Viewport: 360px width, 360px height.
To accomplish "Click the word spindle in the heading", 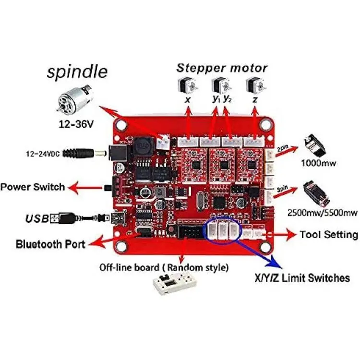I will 77,72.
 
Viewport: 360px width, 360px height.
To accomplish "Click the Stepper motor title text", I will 222,68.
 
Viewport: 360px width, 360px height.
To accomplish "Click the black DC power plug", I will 89,154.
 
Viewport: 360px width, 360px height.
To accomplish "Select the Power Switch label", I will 33,187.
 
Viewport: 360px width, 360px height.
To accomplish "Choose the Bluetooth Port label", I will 50,244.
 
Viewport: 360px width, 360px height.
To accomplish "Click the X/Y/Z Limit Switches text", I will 302,278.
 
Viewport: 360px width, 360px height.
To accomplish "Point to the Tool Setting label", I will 329,235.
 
